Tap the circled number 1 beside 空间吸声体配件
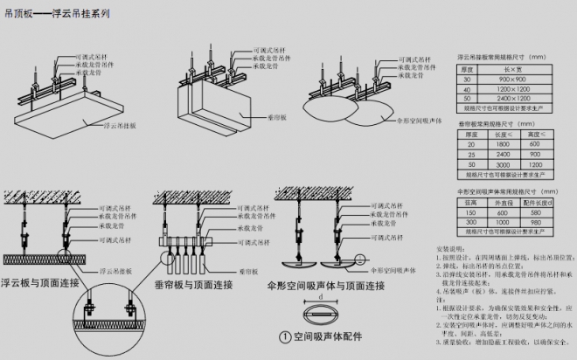(285, 336)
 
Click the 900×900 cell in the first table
(512, 78)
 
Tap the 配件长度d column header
(540, 202)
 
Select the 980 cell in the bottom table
(540, 222)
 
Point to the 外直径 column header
(504, 202)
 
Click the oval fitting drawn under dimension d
(322, 314)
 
